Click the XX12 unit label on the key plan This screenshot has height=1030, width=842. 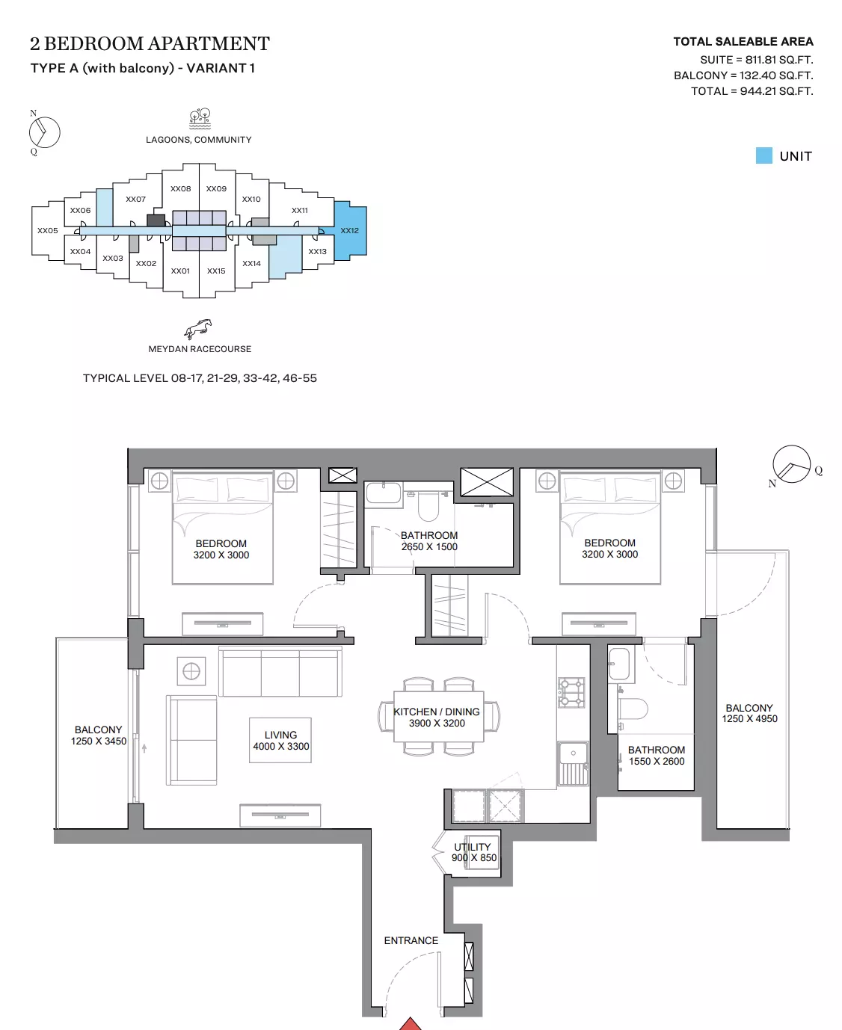pos(349,230)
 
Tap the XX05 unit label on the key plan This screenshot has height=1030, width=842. pos(47,230)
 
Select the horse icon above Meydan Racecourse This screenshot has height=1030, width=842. pos(198,329)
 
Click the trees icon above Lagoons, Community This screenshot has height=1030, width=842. pos(200,119)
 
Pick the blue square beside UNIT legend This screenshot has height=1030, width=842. pos(763,155)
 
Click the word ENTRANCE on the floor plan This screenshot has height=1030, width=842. pos(411,940)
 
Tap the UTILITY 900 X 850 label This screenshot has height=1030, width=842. pos(473,852)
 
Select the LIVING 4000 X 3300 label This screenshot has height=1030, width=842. pos(281,741)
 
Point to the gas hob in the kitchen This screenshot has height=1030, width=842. pos(571,693)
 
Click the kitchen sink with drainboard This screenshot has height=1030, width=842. pos(573,763)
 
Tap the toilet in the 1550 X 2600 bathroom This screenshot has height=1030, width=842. pos(633,709)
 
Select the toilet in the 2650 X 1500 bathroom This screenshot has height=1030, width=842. pos(428,507)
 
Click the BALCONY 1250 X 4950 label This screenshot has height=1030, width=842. pos(749,713)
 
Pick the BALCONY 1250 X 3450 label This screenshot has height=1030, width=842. pos(98,735)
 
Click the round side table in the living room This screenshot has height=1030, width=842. pos(191,671)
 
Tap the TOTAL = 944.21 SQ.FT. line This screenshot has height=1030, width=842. pos(752,91)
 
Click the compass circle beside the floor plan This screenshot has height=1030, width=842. pos(791,464)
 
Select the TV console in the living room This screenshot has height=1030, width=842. pos(280,815)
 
